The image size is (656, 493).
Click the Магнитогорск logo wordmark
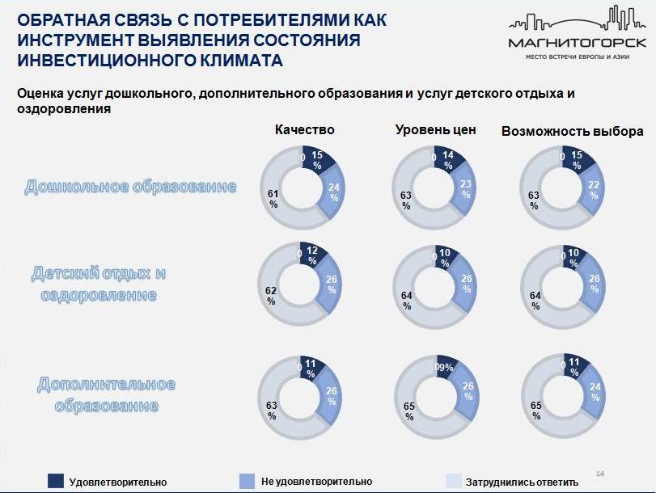click(577, 43)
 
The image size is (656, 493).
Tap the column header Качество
click(304, 130)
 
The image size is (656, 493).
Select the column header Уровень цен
click(435, 130)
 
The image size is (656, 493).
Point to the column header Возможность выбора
click(573, 130)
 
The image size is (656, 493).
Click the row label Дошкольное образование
click(131, 187)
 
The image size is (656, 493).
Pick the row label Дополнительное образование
click(105, 394)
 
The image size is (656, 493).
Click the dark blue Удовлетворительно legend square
click(56, 481)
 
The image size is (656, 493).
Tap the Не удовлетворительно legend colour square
click(248, 481)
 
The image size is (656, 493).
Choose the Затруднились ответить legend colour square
click(455, 481)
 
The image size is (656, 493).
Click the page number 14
click(599, 473)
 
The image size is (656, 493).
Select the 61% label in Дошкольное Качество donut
click(273, 199)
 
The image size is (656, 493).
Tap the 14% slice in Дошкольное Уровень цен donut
click(448, 160)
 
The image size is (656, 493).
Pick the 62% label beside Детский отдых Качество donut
click(272, 296)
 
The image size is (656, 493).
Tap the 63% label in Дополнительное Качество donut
click(272, 411)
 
